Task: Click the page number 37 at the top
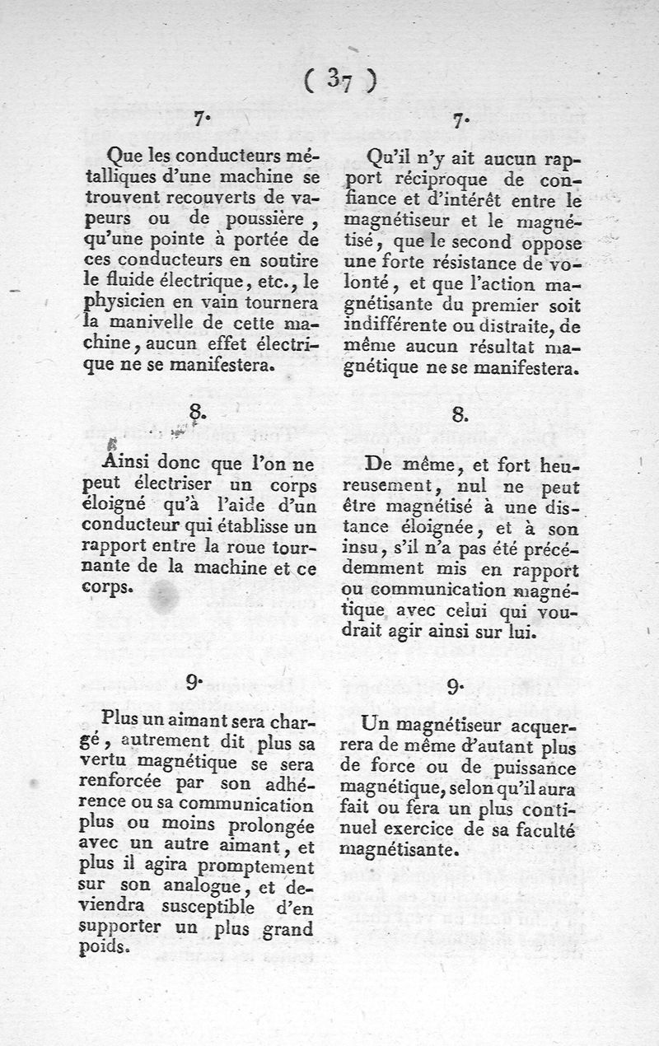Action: click(x=339, y=79)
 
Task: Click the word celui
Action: click(x=467, y=612)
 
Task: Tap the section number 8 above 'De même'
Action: click(x=460, y=413)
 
